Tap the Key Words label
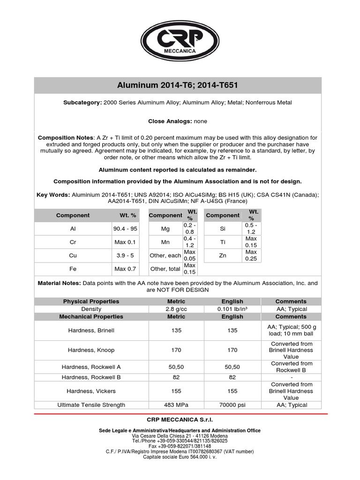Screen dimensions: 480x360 (x=53, y=194)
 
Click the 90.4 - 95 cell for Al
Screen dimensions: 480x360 (x=126, y=229)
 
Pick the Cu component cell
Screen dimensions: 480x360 (x=73, y=255)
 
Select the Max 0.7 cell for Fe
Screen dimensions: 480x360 (x=126, y=269)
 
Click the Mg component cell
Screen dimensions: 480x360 (x=165, y=229)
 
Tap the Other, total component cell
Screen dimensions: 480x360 (x=165, y=269)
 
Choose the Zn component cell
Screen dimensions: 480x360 (x=223, y=255)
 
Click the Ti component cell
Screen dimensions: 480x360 (x=223, y=242)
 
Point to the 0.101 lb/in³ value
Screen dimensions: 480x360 (x=232, y=309)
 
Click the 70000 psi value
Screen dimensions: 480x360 (x=232, y=405)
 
